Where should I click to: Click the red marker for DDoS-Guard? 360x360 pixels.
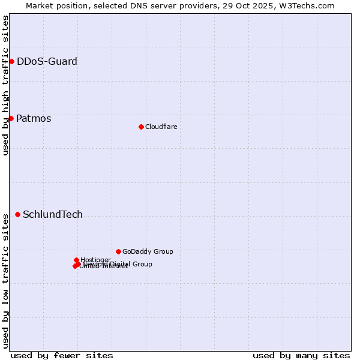pyautogui.click(x=11, y=61)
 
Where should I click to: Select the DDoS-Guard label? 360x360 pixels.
pyautogui.click(x=47, y=61)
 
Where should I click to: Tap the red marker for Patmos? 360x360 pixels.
pyautogui.click(x=11, y=118)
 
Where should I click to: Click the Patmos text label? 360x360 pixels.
pyautogui.click(x=34, y=118)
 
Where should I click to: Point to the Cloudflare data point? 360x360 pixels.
pyautogui.click(x=141, y=127)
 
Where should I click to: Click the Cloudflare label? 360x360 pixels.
pyautogui.click(x=161, y=127)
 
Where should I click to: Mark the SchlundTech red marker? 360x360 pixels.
pyautogui.click(x=17, y=214)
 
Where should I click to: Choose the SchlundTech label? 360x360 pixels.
pyautogui.click(x=53, y=214)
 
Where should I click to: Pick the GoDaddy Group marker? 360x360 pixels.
pyautogui.click(x=118, y=251)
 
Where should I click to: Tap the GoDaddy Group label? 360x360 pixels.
pyautogui.click(x=148, y=251)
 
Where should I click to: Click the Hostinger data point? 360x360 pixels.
pyautogui.click(x=76, y=260)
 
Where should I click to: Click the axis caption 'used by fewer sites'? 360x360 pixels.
pyautogui.click(x=62, y=355)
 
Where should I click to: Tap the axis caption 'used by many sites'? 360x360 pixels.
pyautogui.click(x=301, y=355)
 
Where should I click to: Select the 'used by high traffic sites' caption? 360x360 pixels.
pyautogui.click(x=5, y=85)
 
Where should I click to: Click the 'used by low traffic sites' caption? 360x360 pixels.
pyautogui.click(x=5, y=280)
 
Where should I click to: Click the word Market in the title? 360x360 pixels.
pyautogui.click(x=40, y=5)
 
